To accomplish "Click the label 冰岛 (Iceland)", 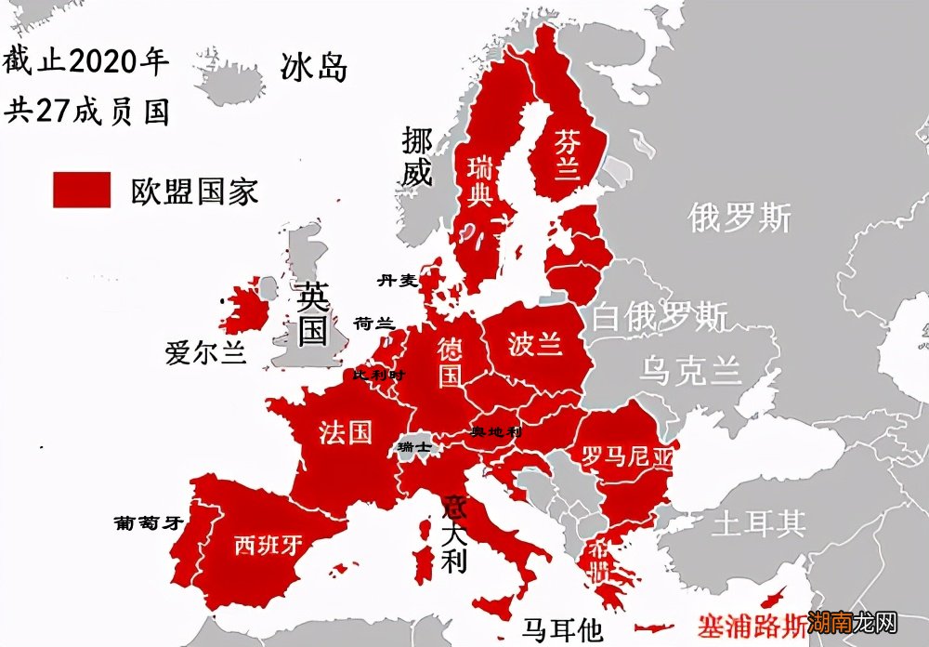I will tap(314, 67).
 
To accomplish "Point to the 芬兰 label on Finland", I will tap(567, 154).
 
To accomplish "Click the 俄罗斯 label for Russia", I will tap(739, 218).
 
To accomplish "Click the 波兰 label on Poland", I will tap(535, 344).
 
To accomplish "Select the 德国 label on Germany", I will tap(451, 361).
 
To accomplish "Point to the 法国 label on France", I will tap(345, 431).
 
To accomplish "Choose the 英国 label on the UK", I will tap(312, 313).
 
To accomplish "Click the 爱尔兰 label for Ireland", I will tap(205, 353).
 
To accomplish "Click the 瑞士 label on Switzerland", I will tap(413, 447).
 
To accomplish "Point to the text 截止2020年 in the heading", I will tap(85, 62).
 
